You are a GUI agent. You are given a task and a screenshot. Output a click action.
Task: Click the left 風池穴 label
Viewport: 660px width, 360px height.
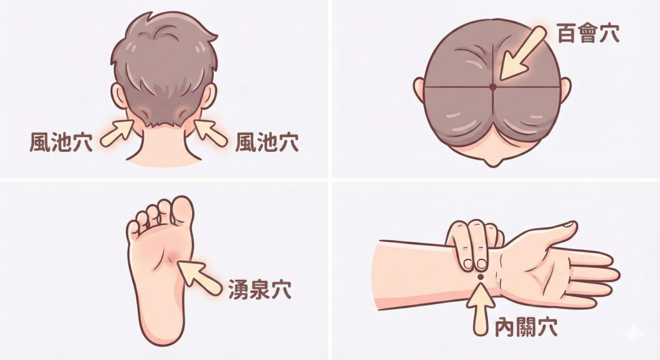[x=61, y=142]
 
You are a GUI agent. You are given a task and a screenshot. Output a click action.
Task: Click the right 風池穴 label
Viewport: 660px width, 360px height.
[x=267, y=142]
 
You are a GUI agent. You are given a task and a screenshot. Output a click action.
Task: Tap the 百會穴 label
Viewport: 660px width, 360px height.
[x=588, y=33]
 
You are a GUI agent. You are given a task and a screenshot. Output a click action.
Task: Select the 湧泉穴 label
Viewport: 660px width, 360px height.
[x=260, y=289]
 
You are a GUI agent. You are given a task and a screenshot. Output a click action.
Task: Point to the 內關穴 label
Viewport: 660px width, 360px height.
[x=526, y=327]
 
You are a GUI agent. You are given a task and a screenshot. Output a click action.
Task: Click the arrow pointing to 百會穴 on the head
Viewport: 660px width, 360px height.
[x=522, y=53]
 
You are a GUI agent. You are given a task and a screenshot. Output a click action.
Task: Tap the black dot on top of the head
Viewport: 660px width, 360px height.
[x=492, y=87]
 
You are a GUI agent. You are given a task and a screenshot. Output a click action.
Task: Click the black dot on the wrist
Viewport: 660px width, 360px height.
[x=480, y=277]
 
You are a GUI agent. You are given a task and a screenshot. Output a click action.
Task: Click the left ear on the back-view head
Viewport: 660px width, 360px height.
[x=119, y=96]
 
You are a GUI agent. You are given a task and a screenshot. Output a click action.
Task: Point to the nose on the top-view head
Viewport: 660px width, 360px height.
[x=492, y=161]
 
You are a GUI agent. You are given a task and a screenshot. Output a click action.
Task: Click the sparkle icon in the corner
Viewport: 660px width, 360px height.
[x=634, y=334]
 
